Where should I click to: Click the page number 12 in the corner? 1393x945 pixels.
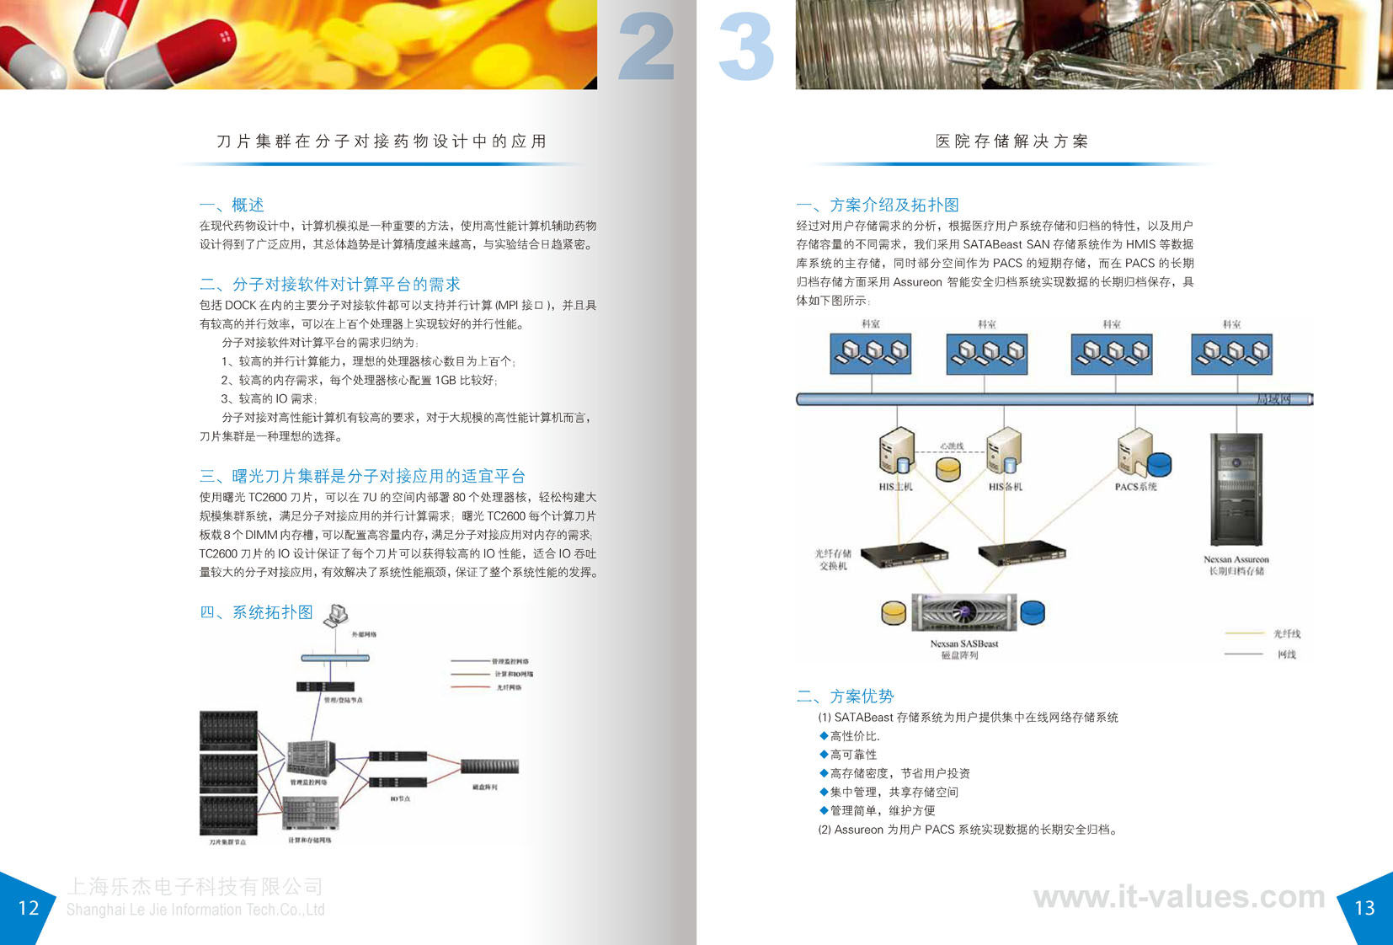pos(29,908)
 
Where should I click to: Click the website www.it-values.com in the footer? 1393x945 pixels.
pos(1179,897)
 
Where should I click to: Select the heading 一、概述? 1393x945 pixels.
pos(232,205)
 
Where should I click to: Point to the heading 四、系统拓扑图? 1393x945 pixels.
pos(256,612)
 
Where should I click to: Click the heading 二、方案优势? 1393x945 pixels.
pos(845,697)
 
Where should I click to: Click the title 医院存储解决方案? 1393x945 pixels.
pos(1011,141)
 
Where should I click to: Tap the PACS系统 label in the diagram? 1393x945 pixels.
pos(1135,487)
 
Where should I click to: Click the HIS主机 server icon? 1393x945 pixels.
pos(896,451)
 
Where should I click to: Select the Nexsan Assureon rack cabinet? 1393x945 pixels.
pos(1236,489)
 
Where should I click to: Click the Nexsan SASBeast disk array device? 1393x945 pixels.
pos(963,611)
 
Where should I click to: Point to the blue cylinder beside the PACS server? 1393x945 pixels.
pos(1160,463)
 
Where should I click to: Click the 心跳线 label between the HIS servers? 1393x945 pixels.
pos(952,446)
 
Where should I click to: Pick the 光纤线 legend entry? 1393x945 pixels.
pos(1286,633)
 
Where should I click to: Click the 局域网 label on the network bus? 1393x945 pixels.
pos(1273,399)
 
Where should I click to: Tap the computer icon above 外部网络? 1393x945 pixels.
pos(338,614)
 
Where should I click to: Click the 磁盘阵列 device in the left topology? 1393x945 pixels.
pos(489,766)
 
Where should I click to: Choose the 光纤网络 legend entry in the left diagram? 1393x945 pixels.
pos(509,687)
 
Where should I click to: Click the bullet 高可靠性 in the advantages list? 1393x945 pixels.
pos(853,755)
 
